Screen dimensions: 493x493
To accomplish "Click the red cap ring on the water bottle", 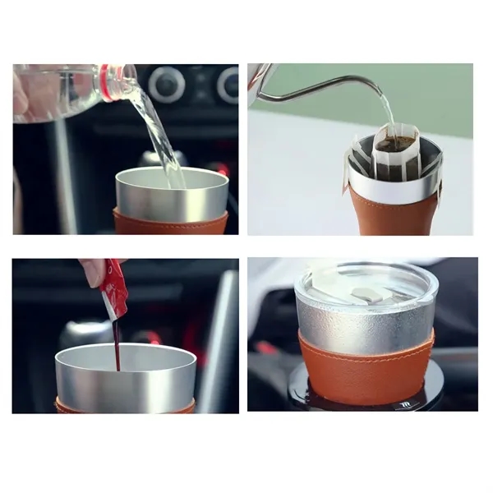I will [x=106, y=83].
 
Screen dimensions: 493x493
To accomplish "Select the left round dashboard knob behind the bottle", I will [x=167, y=83].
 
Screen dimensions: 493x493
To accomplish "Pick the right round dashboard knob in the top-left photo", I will [x=227, y=84].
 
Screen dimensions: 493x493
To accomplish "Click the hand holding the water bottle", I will [x=19, y=94].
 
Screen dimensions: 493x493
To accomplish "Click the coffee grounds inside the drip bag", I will [x=395, y=143].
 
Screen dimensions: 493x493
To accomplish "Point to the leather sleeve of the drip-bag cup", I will [x=393, y=214].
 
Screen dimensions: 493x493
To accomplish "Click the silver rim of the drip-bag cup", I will [x=393, y=185].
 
